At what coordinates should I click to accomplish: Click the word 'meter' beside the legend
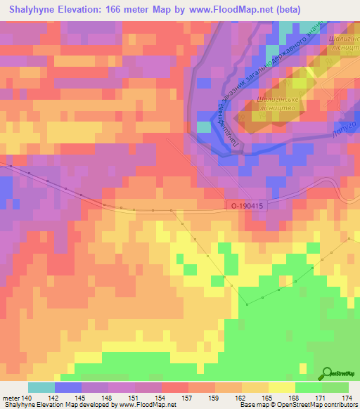tap(10, 398)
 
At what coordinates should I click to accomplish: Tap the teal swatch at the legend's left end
tap(41, 387)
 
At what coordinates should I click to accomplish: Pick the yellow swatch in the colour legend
tap(282, 387)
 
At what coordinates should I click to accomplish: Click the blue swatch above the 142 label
tap(68, 387)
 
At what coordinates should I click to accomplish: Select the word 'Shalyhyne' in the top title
tap(29, 9)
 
